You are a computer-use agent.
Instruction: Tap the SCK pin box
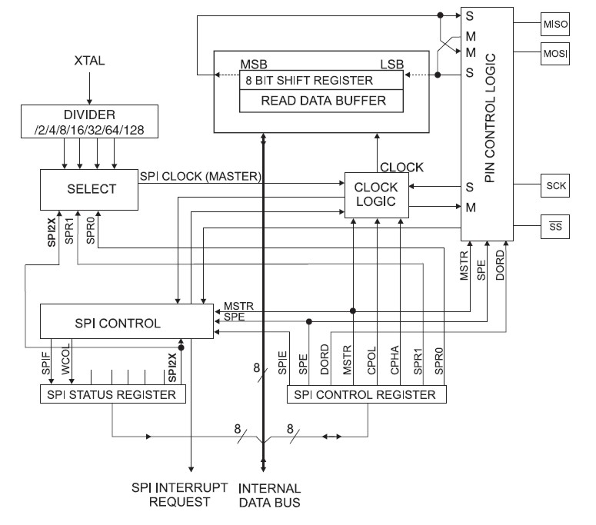coord(554,186)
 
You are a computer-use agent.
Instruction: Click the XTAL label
coord(89,59)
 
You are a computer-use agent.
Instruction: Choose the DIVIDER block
coord(89,122)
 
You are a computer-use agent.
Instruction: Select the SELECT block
coord(88,188)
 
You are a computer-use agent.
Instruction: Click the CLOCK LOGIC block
coord(376,193)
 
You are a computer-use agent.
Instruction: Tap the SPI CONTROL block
coord(125,322)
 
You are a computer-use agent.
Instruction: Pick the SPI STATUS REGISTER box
coord(112,395)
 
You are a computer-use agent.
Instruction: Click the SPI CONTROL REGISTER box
coord(365,395)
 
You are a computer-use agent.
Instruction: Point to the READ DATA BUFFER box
coord(323,100)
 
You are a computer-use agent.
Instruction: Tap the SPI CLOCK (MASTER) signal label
coord(201,176)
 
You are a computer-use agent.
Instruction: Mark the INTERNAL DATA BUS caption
coord(269,495)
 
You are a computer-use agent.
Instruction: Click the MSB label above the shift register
coord(255,61)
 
